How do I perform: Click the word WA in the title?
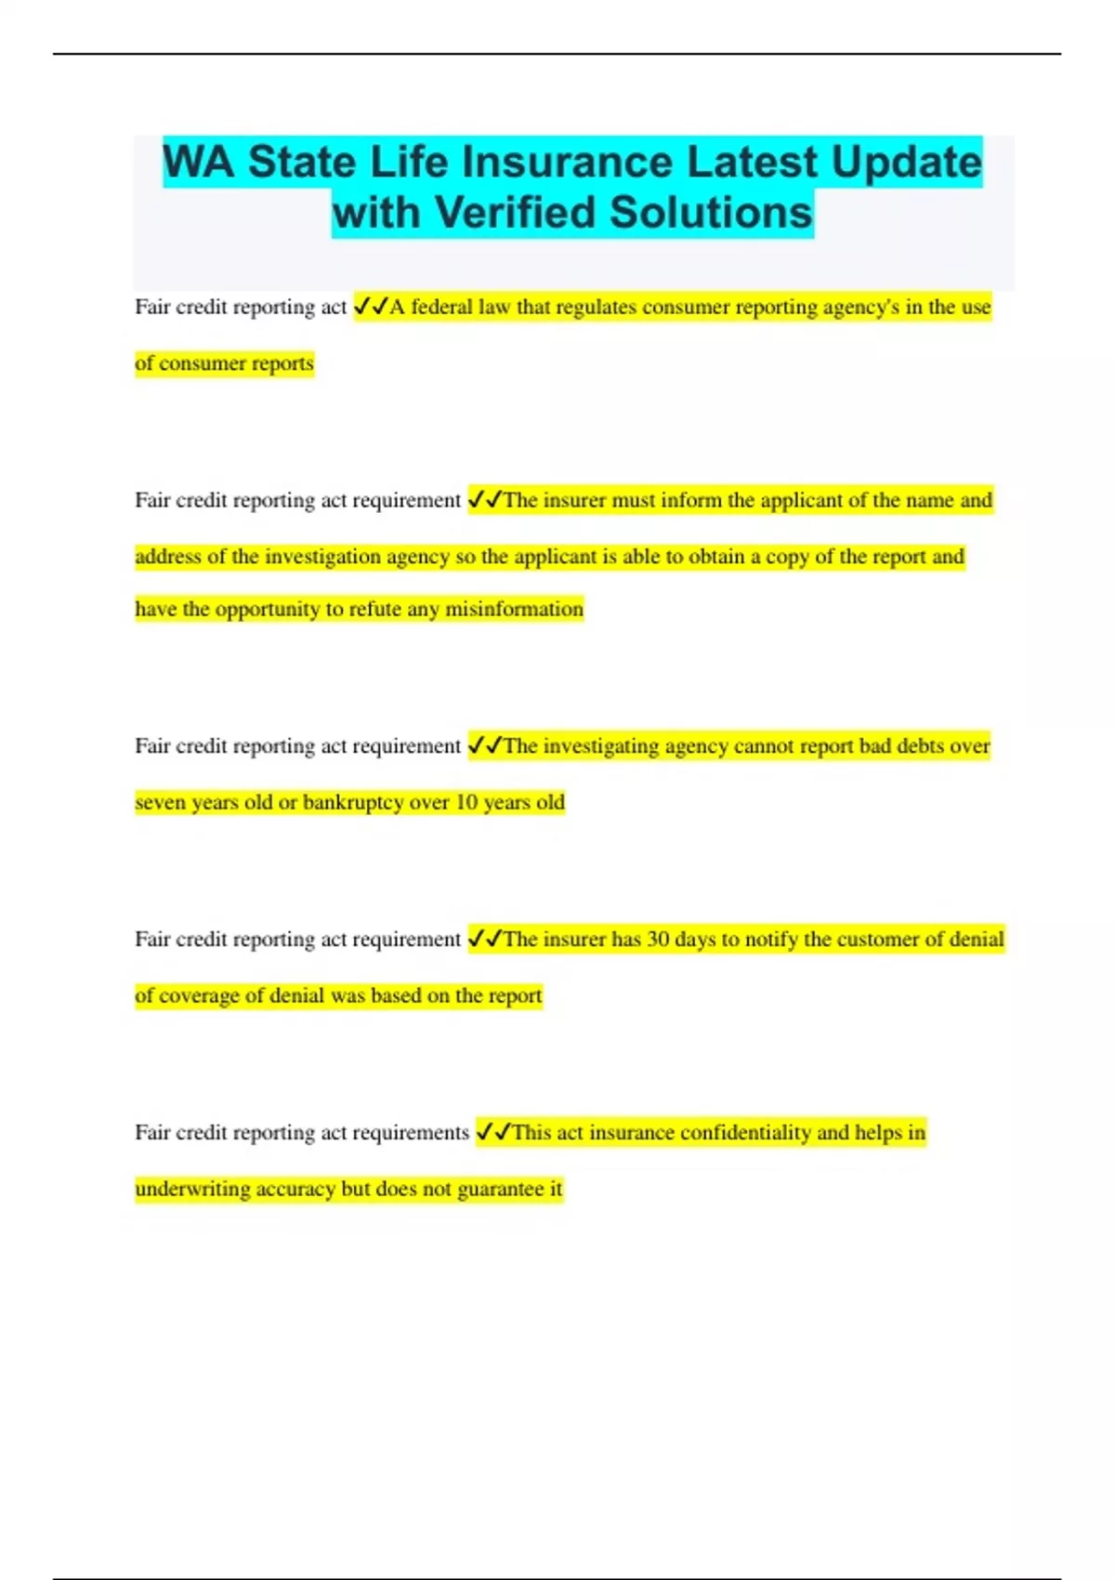pyautogui.click(x=198, y=163)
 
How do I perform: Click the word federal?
pyautogui.click(x=441, y=307)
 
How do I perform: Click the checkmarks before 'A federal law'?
pyautogui.click(x=371, y=307)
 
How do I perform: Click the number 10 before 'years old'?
pyautogui.click(x=466, y=802)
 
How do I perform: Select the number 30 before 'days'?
pyautogui.click(x=658, y=940)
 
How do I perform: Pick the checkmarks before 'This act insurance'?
pyautogui.click(x=493, y=1133)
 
